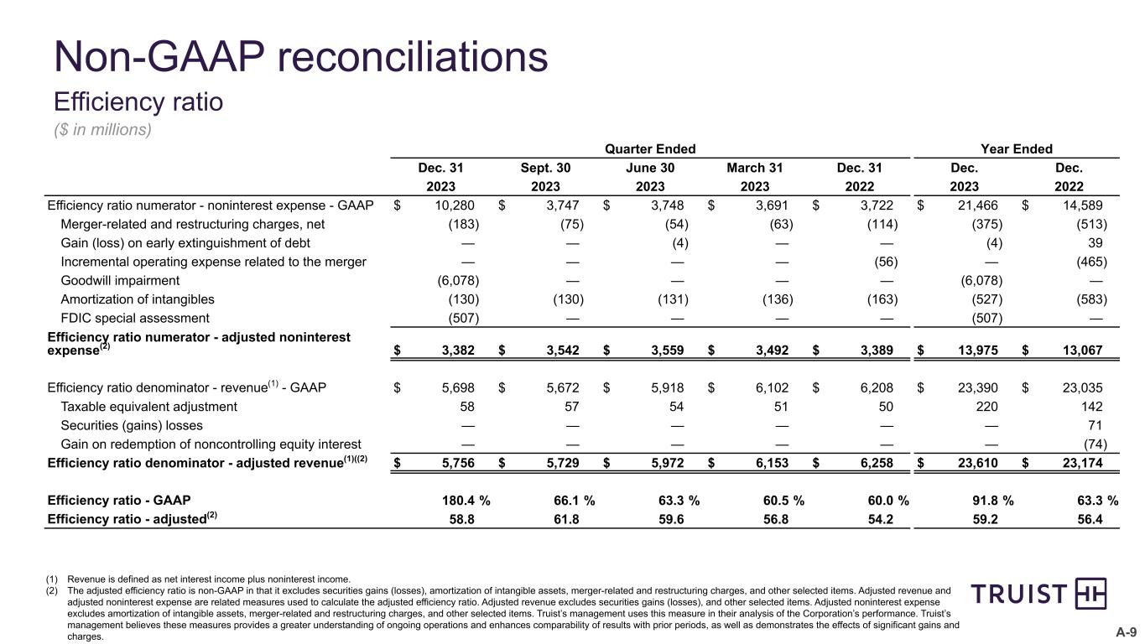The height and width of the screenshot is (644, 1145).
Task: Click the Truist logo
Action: tap(1038, 595)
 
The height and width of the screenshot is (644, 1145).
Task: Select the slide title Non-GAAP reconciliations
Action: tap(300, 58)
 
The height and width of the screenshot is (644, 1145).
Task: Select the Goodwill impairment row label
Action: tap(120, 280)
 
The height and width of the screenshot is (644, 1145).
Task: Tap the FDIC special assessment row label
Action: tap(135, 318)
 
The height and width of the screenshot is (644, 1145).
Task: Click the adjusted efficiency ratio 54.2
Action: tap(881, 519)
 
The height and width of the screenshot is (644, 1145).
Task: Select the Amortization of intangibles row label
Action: tap(138, 299)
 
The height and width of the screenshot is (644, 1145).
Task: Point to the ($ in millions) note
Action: tap(102, 130)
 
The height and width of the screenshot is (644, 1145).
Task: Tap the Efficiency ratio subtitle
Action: tap(138, 101)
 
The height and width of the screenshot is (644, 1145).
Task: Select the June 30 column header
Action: tap(650, 168)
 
